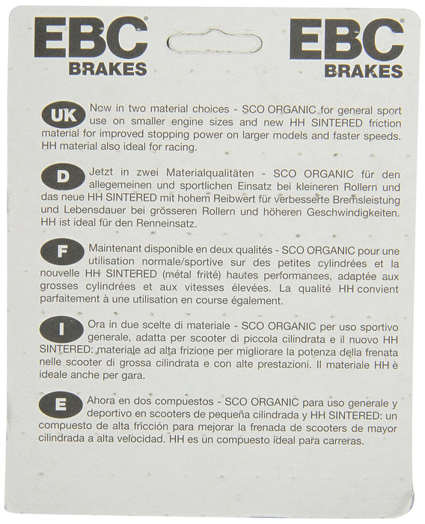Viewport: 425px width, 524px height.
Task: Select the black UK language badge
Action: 62,118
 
